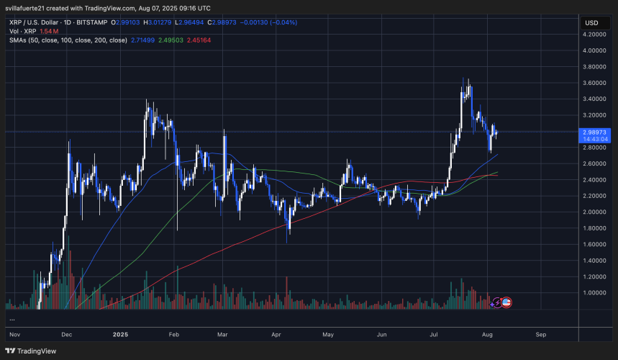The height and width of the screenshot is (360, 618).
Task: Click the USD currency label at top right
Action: pyautogui.click(x=592, y=23)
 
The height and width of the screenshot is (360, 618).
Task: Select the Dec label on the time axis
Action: pyautogui.click(x=67, y=335)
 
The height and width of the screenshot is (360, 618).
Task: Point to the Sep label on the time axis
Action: pyautogui.click(x=541, y=335)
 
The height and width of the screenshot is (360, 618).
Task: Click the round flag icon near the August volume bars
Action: pyautogui.click(x=506, y=302)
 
